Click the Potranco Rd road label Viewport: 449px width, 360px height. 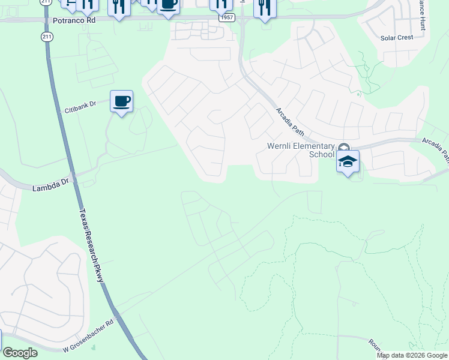click(x=73, y=20)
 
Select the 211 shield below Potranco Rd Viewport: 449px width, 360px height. click(x=47, y=37)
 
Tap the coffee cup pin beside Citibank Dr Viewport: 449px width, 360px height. click(x=121, y=101)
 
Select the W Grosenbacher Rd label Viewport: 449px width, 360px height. click(x=89, y=336)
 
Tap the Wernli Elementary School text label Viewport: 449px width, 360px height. click(x=300, y=150)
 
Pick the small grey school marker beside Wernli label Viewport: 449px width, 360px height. click(x=343, y=148)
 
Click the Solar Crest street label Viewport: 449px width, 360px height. click(x=397, y=38)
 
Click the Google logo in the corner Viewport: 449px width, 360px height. click(x=20, y=352)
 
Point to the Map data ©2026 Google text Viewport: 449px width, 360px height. click(x=412, y=355)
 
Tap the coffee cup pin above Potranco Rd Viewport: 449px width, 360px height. click(x=168, y=5)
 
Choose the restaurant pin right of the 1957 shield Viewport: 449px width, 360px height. click(x=264, y=7)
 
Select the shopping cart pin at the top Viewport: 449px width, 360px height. click(x=70, y=4)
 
